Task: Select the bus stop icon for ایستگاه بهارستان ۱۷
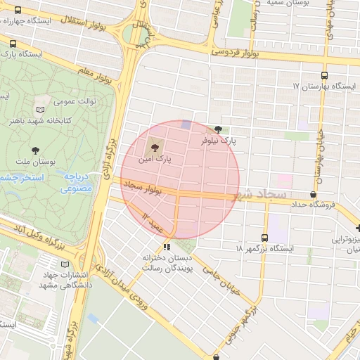[323, 75]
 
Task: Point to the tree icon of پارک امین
[154, 148]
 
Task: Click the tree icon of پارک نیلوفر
[218, 129]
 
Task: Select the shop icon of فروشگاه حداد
[313, 194]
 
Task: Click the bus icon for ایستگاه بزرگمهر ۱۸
[265, 238]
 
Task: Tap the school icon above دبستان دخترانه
[167, 246]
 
